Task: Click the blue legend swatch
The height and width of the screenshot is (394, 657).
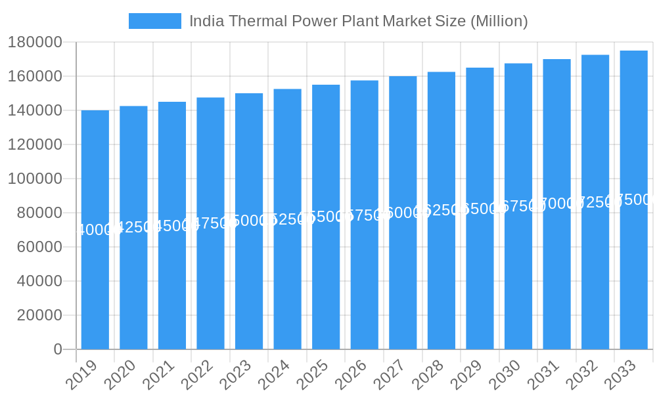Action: coord(155,21)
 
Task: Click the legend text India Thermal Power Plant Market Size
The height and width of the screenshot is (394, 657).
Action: coord(358,21)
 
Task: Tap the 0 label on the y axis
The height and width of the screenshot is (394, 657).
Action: coord(58,349)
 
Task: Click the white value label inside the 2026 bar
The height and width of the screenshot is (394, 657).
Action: coord(365,215)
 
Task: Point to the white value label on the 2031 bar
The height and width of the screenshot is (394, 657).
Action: coord(557,204)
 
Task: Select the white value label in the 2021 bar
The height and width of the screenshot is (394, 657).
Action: coord(172,226)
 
